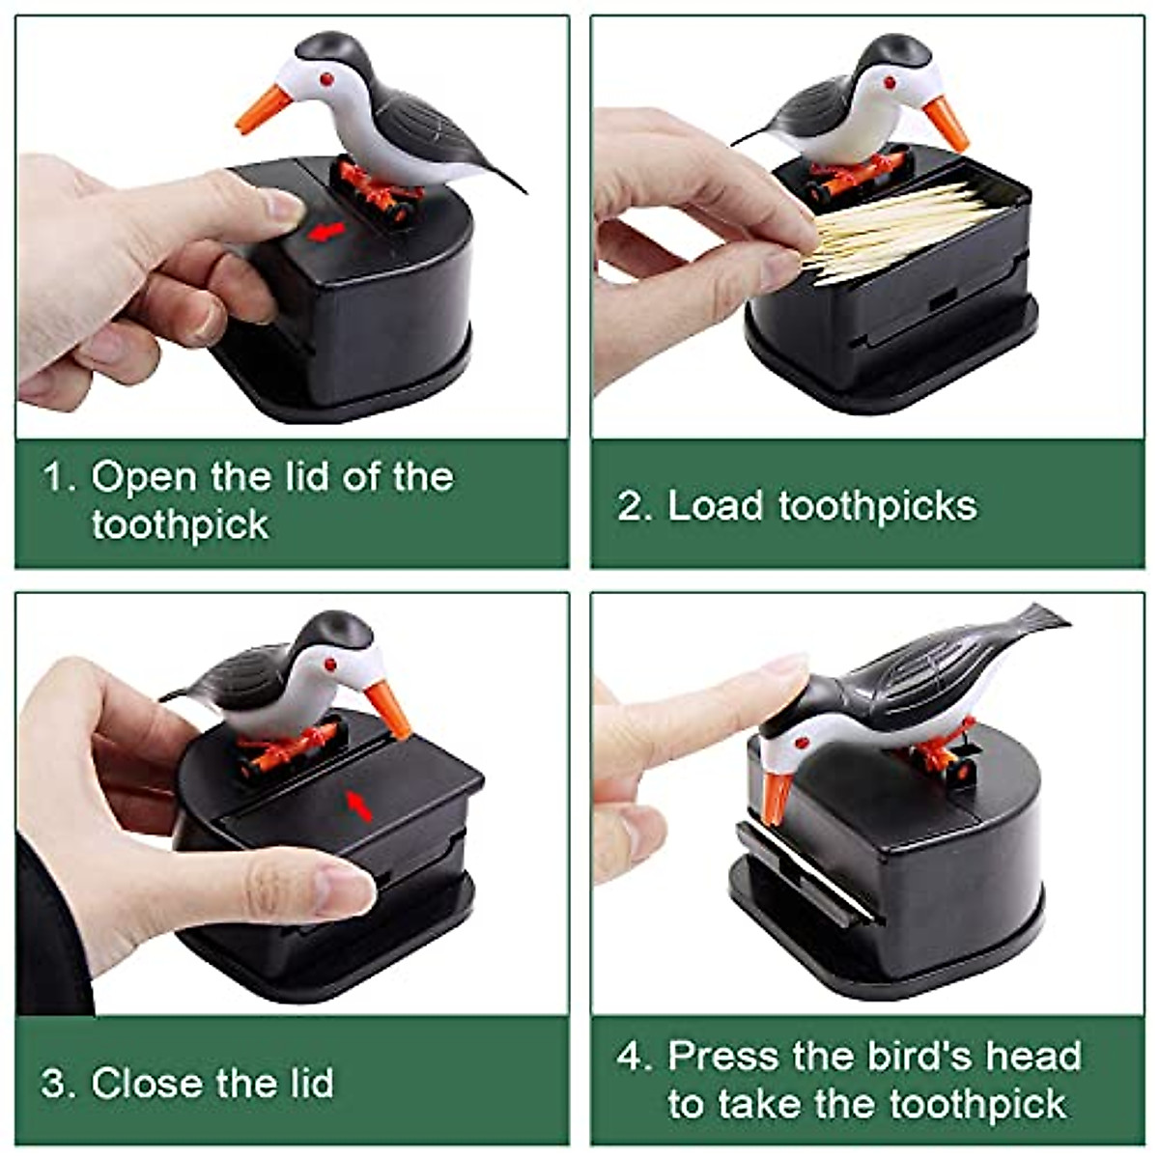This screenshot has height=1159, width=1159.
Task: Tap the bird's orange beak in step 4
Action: click(x=777, y=798)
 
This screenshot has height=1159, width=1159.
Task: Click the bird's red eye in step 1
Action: click(x=326, y=77)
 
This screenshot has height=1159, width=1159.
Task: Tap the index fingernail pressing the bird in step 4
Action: click(x=787, y=666)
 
